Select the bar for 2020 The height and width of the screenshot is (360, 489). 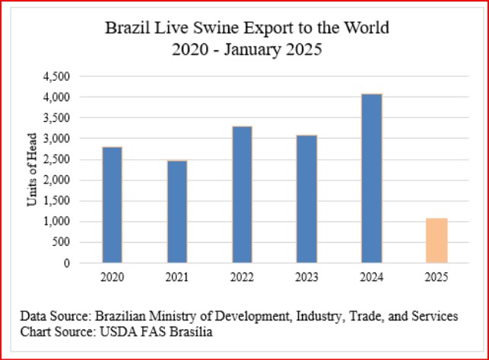(112, 205)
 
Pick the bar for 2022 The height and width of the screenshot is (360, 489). (242, 195)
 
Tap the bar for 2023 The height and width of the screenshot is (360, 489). (306, 199)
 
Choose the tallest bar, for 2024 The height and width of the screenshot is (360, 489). (372, 179)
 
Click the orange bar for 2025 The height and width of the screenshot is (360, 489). (437, 241)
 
